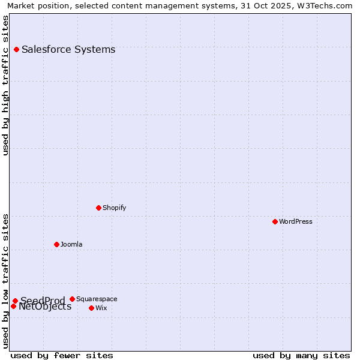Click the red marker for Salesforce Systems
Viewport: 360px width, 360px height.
(x=16, y=49)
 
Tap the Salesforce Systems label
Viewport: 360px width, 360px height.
(x=68, y=49)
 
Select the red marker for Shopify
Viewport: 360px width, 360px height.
(x=98, y=208)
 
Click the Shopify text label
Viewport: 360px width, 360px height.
(x=114, y=208)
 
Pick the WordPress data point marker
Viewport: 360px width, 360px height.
(x=275, y=221)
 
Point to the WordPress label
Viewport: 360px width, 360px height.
(x=295, y=221)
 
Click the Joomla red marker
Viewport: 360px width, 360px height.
(x=56, y=244)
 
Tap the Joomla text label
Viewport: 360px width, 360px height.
(x=71, y=244)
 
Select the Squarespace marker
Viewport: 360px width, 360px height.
(x=72, y=299)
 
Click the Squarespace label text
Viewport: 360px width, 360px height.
(x=97, y=299)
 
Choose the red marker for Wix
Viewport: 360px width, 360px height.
(x=91, y=308)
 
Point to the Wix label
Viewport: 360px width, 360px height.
(x=101, y=308)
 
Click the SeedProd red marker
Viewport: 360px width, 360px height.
(x=15, y=301)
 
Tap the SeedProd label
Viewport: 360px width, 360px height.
(x=43, y=301)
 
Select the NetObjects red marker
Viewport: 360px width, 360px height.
(x=13, y=306)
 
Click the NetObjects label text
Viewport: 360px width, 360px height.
(x=45, y=307)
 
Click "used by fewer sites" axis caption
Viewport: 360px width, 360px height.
(x=62, y=355)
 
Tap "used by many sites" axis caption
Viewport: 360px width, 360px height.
(x=301, y=355)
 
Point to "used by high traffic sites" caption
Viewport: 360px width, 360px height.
(x=5, y=85)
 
